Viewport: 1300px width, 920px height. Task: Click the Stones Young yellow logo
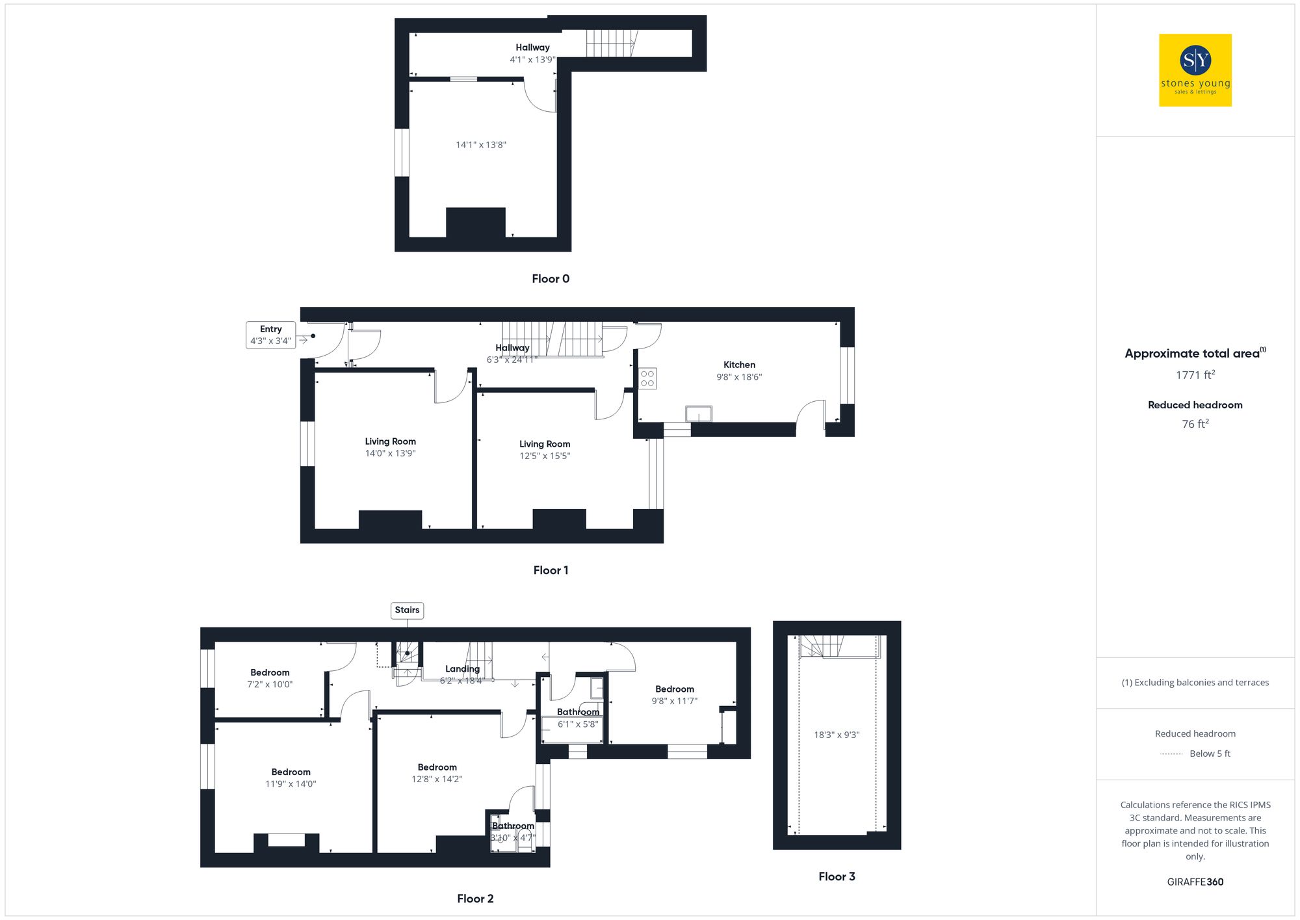(1195, 70)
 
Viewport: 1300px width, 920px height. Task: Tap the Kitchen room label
(739, 365)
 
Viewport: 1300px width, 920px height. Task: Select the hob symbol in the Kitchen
(647, 378)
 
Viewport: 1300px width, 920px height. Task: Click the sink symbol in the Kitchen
(699, 414)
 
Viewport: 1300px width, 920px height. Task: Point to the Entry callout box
(270, 335)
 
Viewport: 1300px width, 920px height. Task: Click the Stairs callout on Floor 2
(407, 610)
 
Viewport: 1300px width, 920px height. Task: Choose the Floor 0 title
(550, 279)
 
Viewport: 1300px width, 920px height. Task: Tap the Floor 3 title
(837, 876)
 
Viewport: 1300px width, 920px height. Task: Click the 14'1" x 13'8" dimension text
(481, 145)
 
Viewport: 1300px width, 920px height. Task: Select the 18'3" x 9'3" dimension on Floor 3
(837, 735)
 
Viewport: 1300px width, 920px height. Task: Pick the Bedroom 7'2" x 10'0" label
(270, 678)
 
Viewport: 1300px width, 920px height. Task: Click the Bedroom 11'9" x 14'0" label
(291, 778)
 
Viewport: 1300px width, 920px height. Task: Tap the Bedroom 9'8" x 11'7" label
(674, 694)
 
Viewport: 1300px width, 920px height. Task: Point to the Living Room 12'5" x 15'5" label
(545, 449)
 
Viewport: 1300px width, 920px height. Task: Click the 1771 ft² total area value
(1195, 375)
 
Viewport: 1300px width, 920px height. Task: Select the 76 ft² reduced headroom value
(1195, 424)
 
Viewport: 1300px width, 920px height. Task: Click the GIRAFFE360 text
(1195, 882)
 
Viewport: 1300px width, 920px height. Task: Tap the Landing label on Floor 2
(462, 669)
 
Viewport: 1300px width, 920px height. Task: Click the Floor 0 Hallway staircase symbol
(611, 43)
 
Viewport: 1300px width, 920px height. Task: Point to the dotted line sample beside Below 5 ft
(1171, 754)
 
